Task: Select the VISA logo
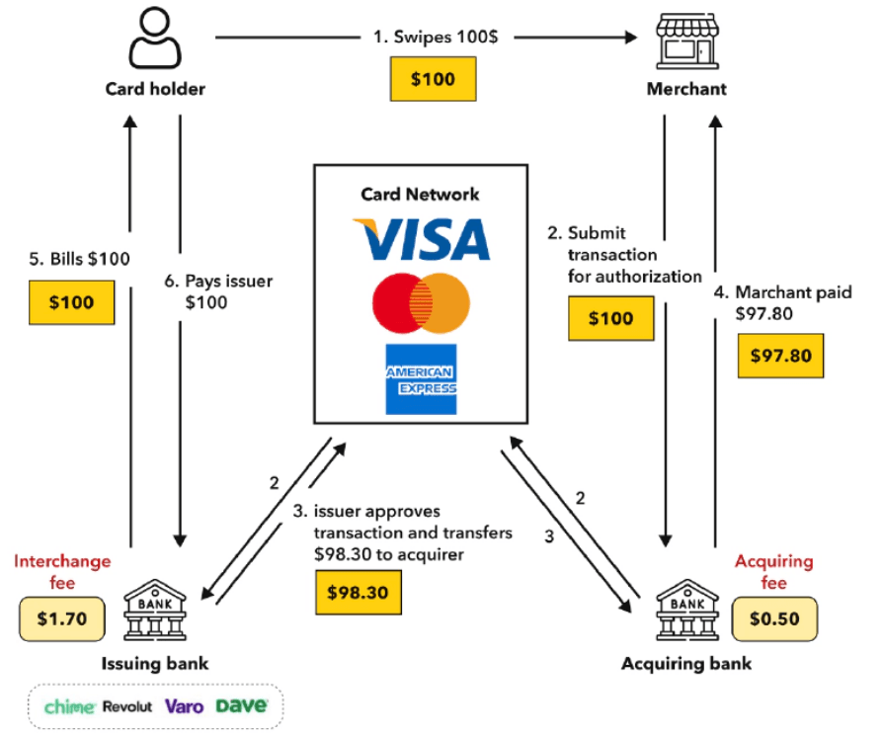421,239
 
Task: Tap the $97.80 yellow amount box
780,355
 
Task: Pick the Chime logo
69,706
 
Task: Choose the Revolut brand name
126,706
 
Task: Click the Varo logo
184,706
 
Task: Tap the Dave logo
242,706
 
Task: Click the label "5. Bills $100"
79,259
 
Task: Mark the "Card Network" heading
421,194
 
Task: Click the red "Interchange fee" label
61,572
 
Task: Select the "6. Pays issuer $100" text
229,291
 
